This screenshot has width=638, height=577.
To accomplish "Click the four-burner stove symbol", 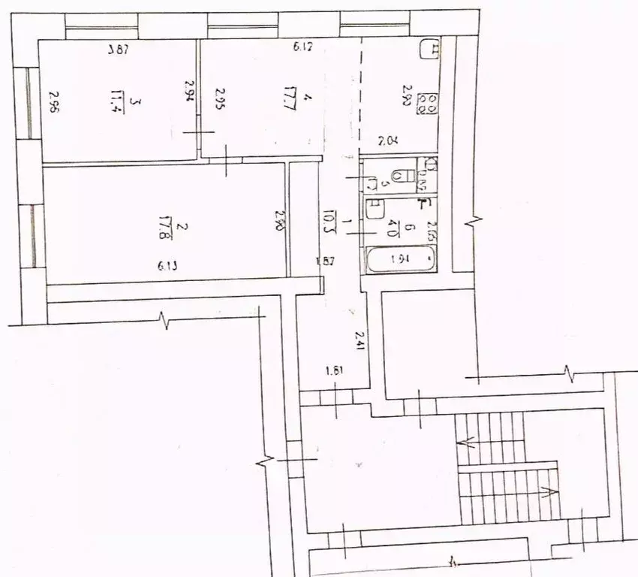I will pyautogui.click(x=429, y=103).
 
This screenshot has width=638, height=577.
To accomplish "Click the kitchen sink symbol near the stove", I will pyautogui.click(x=430, y=49).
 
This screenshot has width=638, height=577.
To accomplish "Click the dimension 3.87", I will pyautogui.click(x=119, y=50).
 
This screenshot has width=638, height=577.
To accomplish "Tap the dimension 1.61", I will pyautogui.click(x=335, y=370).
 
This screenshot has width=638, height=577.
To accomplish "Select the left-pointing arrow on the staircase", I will pyautogui.click(x=471, y=443).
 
